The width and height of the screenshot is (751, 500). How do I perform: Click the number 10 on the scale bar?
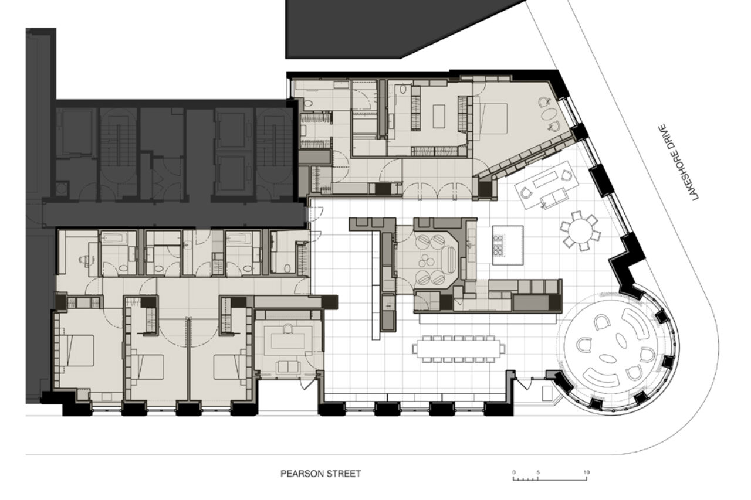pyautogui.click(x=586, y=472)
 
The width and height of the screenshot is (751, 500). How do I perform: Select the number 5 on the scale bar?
pyautogui.click(x=538, y=472)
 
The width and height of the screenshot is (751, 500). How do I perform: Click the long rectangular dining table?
pyautogui.click(x=458, y=349)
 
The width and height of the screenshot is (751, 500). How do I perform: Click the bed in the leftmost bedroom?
pyautogui.click(x=80, y=351)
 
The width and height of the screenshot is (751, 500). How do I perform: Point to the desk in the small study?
pyautogui.click(x=288, y=341)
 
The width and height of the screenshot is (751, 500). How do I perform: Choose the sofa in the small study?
pyautogui.click(x=289, y=367)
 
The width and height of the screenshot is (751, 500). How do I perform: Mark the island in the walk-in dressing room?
pyautogui.click(x=439, y=116)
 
